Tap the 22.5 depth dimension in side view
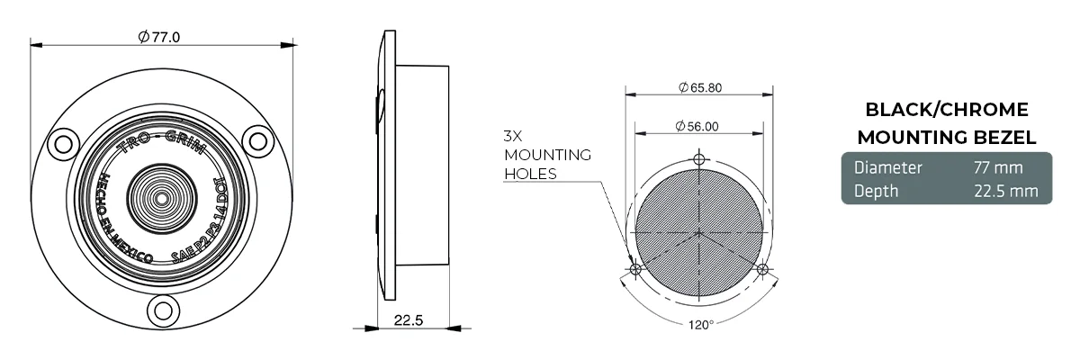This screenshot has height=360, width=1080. pyautogui.click(x=410, y=321)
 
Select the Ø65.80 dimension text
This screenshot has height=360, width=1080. pyautogui.click(x=699, y=87)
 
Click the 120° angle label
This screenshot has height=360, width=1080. pyautogui.click(x=698, y=324)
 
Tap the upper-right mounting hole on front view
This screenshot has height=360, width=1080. pyautogui.click(x=259, y=140)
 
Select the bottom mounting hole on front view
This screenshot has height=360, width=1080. pyautogui.click(x=162, y=311)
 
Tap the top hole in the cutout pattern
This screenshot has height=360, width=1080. pyautogui.click(x=699, y=159)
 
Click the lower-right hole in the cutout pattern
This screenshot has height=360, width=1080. pyautogui.click(x=762, y=269)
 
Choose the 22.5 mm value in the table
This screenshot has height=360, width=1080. pyautogui.click(x=1005, y=191)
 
